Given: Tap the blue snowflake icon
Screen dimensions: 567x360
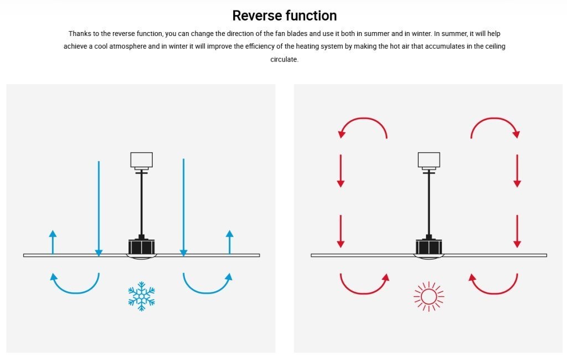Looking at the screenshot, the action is (x=141, y=296).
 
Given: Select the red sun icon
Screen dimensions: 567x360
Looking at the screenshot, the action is (x=429, y=297).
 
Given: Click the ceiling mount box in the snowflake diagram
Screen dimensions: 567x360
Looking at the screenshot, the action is (x=141, y=160).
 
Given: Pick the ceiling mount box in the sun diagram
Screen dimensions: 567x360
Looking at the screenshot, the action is (x=429, y=160).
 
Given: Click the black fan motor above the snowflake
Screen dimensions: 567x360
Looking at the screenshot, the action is (x=142, y=246).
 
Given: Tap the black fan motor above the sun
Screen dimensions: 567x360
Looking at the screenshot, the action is (x=429, y=246).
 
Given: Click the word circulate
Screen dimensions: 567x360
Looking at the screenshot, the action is (x=284, y=59).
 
